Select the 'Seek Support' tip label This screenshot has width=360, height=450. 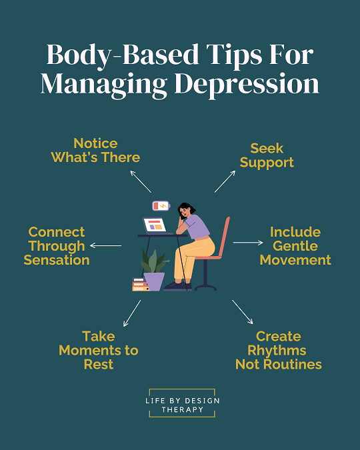click(267, 155)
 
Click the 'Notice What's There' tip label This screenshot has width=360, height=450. click(95, 151)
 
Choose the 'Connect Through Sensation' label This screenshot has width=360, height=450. click(57, 246)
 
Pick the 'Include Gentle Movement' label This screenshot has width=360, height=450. click(295, 246)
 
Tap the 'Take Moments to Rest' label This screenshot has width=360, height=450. click(99, 350)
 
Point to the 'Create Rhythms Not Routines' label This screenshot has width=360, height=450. click(279, 350)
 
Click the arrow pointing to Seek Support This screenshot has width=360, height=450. click(225, 181)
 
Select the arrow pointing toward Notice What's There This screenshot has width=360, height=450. click(141, 181)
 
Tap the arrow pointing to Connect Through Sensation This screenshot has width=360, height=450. click(105, 245)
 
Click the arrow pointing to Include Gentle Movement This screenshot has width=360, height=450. click(248, 243)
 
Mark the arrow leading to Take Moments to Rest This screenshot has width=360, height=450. click(132, 313)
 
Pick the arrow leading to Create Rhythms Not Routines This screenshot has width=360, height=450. click(243, 312)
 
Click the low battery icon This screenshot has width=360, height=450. click(161, 206)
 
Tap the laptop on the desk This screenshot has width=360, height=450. click(155, 225)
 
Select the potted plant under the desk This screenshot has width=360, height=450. click(154, 271)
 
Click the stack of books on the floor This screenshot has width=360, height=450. click(140, 285)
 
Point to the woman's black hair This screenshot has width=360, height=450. click(185, 209)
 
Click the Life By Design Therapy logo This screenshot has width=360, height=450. click(182, 403)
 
